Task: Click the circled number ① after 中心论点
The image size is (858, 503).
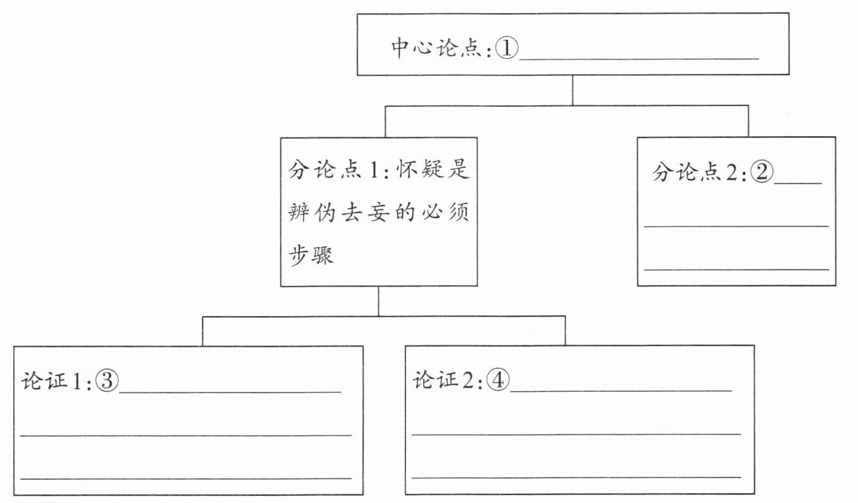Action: point(506,48)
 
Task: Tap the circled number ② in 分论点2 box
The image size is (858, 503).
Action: point(762,173)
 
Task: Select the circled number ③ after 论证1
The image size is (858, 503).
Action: point(107,381)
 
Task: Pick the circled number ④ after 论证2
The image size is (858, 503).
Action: point(498,381)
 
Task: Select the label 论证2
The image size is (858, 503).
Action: point(447,381)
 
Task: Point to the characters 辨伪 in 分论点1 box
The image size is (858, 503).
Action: point(312,214)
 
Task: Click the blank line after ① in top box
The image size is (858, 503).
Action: point(639,58)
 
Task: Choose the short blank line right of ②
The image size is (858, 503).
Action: point(798,183)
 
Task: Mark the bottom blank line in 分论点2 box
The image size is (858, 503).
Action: point(736,268)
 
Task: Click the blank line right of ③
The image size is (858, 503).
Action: point(230,392)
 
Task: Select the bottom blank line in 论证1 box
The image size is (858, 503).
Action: point(185,478)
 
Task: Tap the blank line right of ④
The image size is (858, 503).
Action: point(620,391)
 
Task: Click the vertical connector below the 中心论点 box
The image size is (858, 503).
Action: point(573,90)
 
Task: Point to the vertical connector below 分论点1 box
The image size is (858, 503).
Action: point(379,302)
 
